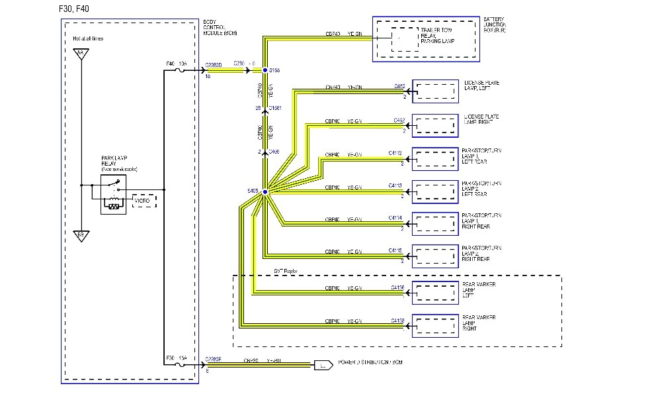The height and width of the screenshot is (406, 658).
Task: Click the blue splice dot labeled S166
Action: coord(265,70)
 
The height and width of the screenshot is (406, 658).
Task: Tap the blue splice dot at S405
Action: coord(265,192)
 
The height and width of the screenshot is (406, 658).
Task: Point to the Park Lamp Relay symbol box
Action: coord(114,194)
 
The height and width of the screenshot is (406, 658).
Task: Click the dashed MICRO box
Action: coord(145,200)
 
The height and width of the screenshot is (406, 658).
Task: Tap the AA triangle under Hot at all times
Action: coord(81,54)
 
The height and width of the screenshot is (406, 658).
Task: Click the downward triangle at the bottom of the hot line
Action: coord(81,235)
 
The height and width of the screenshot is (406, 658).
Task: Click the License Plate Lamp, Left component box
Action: coord(435,92)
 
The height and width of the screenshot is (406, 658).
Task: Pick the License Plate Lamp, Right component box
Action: coord(435,125)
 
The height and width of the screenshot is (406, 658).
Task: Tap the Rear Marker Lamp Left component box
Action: coord(435,291)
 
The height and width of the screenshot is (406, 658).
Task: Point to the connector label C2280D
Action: coord(215,64)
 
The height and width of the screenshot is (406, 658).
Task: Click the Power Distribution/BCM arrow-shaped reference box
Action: coord(323,364)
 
